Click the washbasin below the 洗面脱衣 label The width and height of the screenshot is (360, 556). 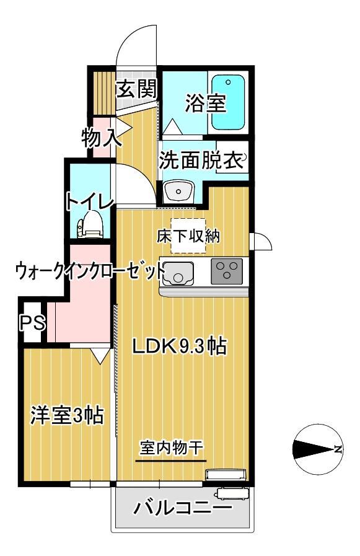pyautogui.click(x=178, y=192)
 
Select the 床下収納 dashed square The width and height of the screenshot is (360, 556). pyautogui.click(x=188, y=236)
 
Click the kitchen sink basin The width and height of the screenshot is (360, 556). pyautogui.click(x=178, y=272)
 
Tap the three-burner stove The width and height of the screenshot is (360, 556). pyautogui.click(x=226, y=271)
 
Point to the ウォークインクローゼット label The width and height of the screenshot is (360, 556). pyautogui.click(x=90, y=271)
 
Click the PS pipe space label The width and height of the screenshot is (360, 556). pyautogui.click(x=29, y=322)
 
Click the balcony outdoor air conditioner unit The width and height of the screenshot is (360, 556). pyautogui.click(x=232, y=494)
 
